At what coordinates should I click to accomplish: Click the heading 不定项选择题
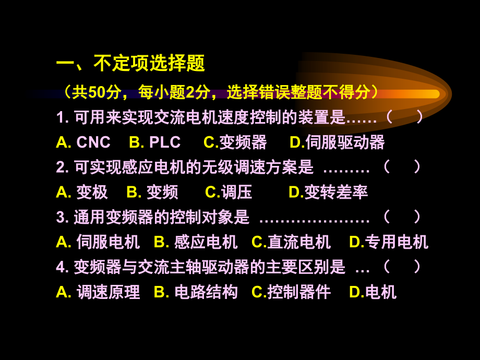tap(130, 64)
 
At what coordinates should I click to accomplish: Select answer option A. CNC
tap(83, 142)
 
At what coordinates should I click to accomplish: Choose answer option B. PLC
tap(154, 142)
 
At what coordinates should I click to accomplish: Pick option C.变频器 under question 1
tap(235, 142)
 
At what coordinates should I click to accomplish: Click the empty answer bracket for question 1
tap(404, 117)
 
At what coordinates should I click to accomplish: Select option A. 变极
tap(82, 192)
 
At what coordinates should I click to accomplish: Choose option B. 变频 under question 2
tap(152, 192)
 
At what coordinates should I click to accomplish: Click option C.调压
tap(229, 192)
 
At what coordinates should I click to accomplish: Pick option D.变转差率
tap(328, 192)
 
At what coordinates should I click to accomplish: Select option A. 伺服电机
tap(98, 242)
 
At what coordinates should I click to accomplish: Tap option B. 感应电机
tap(196, 242)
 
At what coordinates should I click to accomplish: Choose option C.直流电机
tap(291, 242)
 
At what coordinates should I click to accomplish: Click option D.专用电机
tap(389, 242)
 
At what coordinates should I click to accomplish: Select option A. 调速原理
tap(98, 292)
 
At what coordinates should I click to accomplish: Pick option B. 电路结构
tap(196, 292)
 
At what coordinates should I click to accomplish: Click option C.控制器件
tap(291, 292)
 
